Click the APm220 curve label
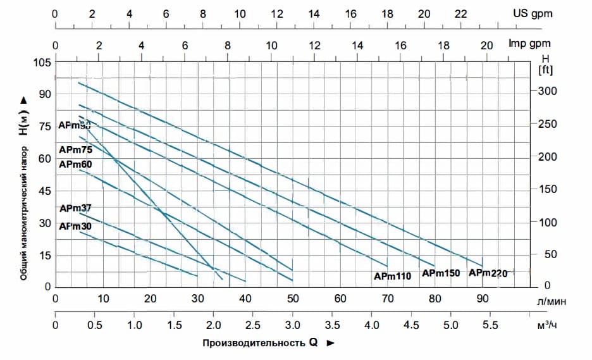click(488, 273)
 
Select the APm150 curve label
click(441, 273)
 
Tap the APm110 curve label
click(392, 276)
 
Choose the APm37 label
click(75, 209)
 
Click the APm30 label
click(75, 226)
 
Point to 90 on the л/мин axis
click(482, 299)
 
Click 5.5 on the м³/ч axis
click(490, 325)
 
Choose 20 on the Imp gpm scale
click(486, 45)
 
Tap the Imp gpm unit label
click(530, 44)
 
